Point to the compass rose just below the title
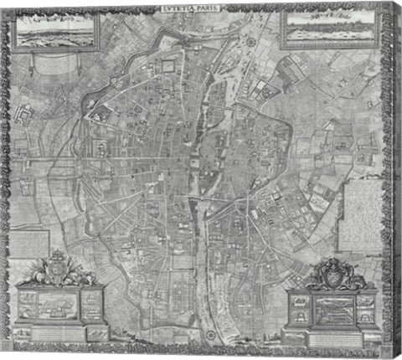(250, 39)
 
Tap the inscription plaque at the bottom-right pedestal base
(332, 332)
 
